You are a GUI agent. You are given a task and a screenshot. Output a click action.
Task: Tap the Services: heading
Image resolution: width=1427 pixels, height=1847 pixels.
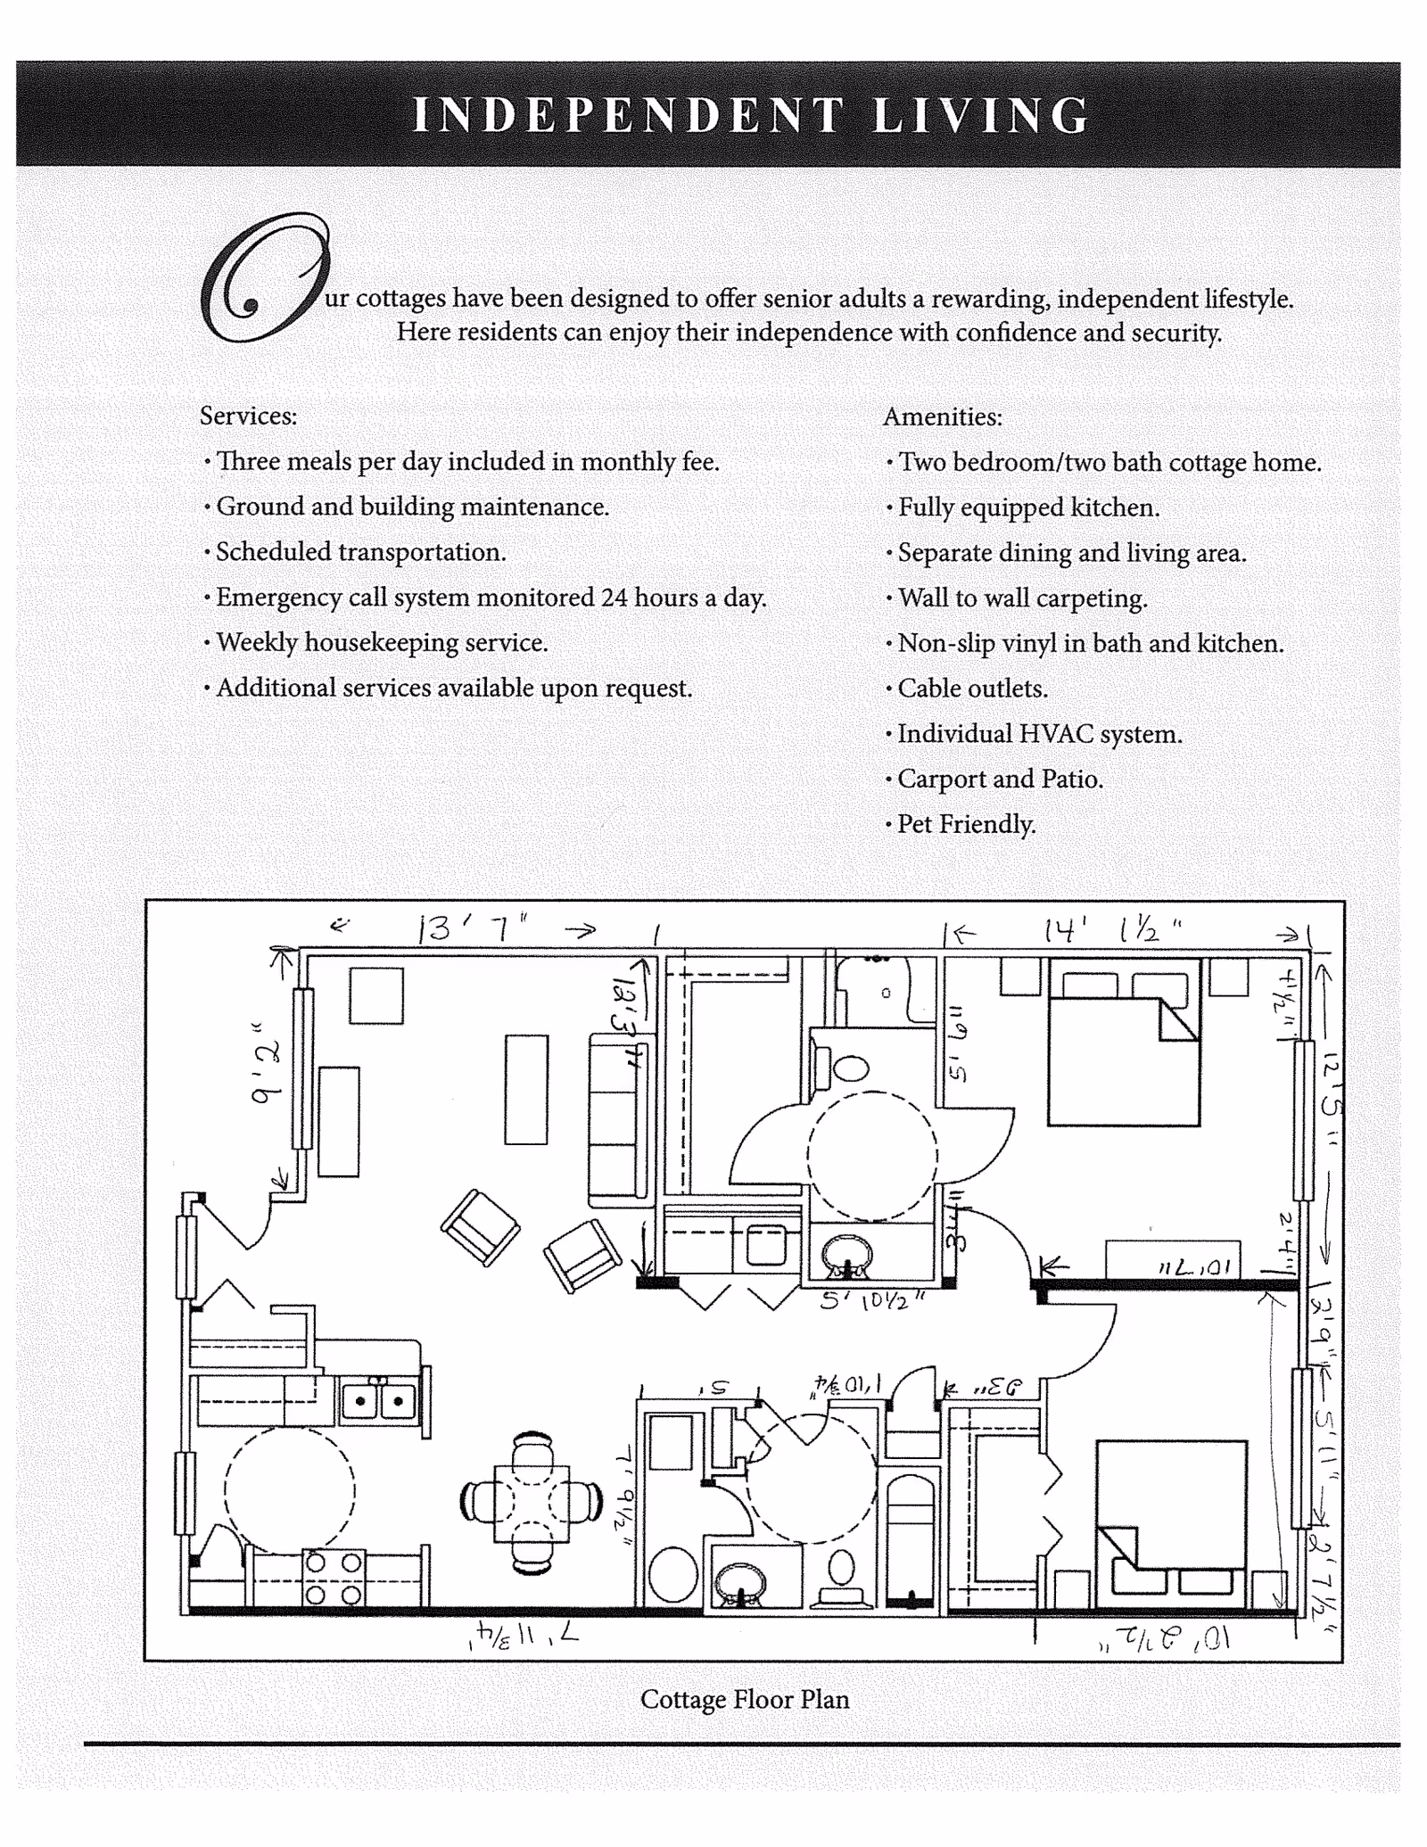tap(248, 416)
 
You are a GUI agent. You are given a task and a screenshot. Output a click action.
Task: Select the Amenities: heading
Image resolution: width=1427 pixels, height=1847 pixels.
tap(943, 417)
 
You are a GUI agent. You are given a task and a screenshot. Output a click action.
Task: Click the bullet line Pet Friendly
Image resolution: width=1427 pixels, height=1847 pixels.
tap(966, 824)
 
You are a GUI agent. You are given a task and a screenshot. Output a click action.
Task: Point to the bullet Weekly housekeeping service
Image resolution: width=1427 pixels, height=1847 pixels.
tap(382, 642)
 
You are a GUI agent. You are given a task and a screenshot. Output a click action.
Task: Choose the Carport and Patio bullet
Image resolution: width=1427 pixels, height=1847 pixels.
tap(1000, 779)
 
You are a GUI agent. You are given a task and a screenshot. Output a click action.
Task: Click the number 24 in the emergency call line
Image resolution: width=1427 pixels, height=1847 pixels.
tap(614, 597)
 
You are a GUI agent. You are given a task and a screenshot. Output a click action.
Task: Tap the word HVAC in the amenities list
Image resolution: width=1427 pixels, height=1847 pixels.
tap(1056, 734)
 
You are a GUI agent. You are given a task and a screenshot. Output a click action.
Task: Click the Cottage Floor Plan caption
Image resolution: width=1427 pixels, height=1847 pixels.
tap(745, 1700)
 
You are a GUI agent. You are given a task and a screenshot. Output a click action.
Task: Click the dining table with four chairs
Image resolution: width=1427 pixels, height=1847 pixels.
tap(532, 1503)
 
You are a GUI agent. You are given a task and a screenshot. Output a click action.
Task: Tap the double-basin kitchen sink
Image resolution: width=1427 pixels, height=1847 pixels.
tap(379, 1401)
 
